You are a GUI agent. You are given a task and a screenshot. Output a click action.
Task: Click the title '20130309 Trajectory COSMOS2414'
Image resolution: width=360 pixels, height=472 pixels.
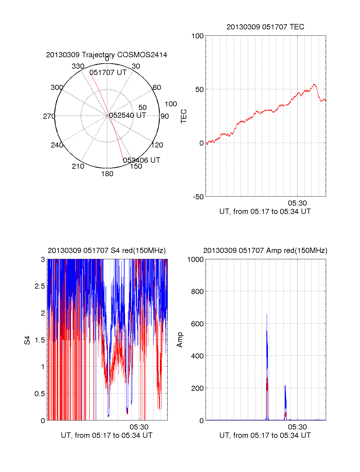point(106,55)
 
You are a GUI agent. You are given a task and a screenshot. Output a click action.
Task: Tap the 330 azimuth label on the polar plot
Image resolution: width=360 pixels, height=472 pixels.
point(78,66)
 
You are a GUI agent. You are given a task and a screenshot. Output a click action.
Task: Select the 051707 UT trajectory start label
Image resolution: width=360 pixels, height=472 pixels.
point(108,73)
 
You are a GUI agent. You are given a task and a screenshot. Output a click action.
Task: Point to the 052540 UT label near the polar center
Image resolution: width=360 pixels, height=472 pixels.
point(127,115)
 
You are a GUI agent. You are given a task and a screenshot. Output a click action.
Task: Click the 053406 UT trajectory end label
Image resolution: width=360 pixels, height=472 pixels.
point(142,160)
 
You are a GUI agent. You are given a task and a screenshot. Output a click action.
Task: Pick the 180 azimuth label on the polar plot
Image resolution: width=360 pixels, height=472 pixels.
point(107,174)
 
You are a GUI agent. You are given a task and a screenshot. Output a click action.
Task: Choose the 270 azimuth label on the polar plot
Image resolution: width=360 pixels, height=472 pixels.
point(49,116)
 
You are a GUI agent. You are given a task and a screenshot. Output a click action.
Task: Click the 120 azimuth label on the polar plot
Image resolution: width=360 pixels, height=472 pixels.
point(157,145)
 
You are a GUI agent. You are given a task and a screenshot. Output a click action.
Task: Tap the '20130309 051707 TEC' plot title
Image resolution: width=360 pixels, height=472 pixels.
point(265,27)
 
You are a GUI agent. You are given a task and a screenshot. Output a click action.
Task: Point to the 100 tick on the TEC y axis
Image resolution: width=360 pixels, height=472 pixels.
point(197,36)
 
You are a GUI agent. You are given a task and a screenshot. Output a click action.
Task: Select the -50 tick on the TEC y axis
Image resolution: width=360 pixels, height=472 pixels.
point(198,197)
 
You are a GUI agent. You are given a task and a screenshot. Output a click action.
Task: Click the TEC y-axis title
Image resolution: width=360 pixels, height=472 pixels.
point(184,116)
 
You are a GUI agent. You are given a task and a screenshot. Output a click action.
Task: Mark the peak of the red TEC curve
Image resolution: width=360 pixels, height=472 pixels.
point(314,85)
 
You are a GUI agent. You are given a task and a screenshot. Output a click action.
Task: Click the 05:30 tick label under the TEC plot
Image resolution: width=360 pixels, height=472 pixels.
point(297,203)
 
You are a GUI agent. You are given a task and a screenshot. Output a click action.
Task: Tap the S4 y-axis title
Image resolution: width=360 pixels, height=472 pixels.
point(27,340)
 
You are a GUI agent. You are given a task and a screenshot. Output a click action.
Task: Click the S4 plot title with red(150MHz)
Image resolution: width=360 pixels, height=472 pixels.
point(106,251)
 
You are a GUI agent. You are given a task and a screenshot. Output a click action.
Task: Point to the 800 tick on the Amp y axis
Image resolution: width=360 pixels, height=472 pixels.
point(197,292)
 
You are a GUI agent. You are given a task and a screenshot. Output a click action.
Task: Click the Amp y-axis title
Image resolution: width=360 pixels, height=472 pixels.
point(180,340)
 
